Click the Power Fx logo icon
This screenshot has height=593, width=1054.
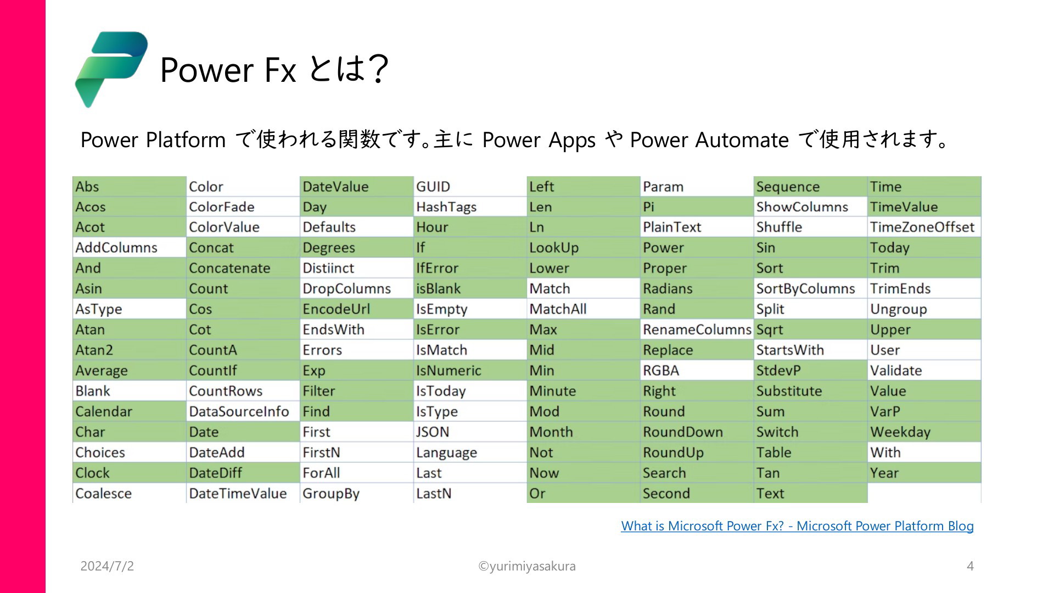coord(111,69)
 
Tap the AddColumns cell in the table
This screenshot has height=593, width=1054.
coord(129,248)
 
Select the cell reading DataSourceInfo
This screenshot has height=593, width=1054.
coord(243,411)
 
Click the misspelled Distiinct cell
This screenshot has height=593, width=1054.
coord(356,268)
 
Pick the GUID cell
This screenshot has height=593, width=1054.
coord(470,187)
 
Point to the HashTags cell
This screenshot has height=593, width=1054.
coord(470,207)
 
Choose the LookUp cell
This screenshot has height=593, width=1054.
coord(584,248)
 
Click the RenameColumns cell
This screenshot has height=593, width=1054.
coord(697,329)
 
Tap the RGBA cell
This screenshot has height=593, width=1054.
coord(697,371)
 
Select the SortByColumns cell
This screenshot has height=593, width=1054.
coord(811,289)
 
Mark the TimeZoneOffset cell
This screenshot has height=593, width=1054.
coord(924,227)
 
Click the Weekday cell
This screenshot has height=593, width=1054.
coord(924,432)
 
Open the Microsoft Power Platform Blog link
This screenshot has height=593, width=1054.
coord(797,526)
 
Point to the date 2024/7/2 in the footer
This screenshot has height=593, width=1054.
coord(107,566)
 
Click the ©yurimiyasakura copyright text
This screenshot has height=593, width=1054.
coord(527,566)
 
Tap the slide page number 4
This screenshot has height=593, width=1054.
coord(970,566)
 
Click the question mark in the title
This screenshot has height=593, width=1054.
coord(378,69)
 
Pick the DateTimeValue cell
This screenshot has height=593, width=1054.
coord(243,493)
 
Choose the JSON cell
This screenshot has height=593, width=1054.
coord(470,432)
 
